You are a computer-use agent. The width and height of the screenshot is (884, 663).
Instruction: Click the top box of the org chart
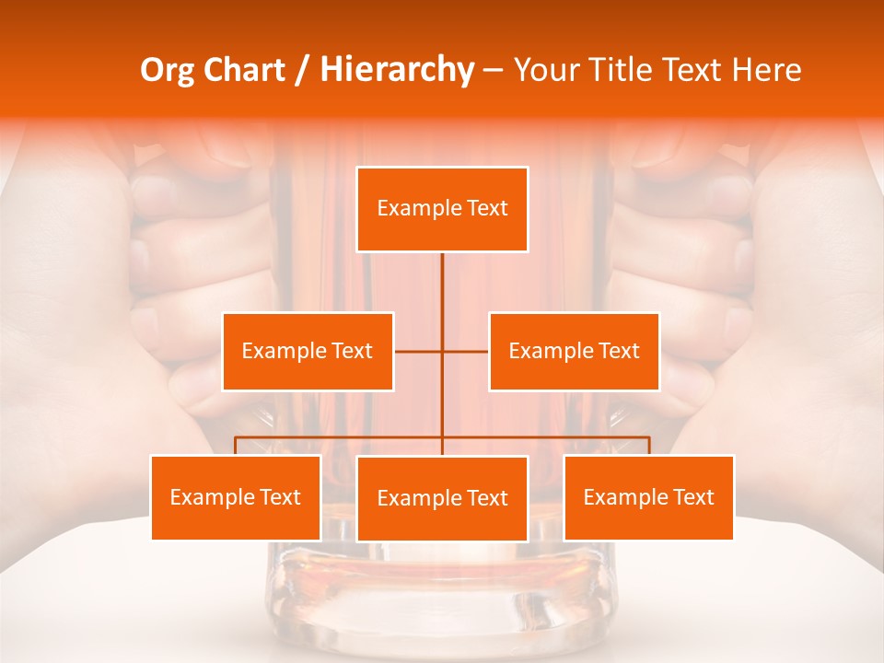442,209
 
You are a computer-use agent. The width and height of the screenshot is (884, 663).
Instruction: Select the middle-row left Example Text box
308,351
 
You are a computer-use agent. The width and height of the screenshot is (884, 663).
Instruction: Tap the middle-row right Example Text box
574,351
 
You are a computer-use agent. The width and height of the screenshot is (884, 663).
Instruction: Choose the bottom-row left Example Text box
235,497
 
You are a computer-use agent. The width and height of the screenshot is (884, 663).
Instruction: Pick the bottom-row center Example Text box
442,498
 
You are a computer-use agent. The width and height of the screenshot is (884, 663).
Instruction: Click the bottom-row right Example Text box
648,497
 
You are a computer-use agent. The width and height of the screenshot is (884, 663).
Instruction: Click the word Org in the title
165,70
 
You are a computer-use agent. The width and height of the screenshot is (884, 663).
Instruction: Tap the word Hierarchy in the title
396,70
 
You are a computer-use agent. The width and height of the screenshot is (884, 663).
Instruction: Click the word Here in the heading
766,70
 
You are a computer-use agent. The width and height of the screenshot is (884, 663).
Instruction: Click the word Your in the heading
544,70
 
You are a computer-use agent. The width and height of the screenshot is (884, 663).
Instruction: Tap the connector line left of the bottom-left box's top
235,446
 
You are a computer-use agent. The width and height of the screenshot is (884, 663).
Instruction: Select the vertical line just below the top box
442,276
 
